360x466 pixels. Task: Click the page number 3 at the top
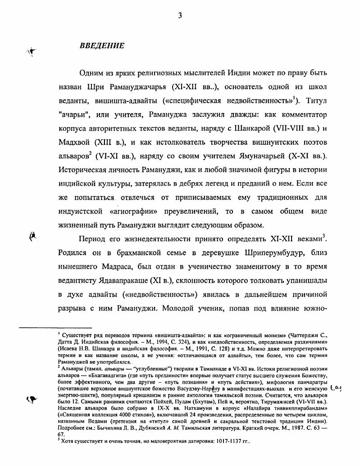click(x=180, y=15)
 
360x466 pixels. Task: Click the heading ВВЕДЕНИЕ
click(x=101, y=46)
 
